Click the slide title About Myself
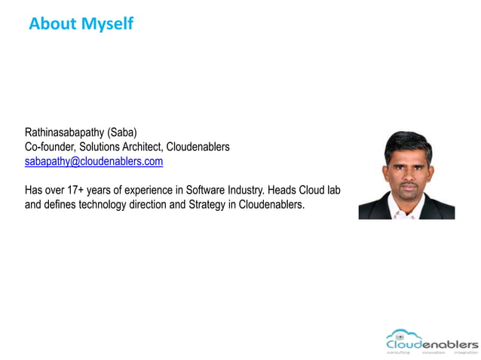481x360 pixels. tap(81, 24)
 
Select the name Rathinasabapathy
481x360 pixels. tap(65, 133)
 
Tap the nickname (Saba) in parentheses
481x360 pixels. tap(122, 133)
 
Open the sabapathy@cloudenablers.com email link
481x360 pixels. tap(93, 161)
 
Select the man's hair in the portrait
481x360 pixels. tap(407, 140)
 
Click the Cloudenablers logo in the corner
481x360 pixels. tap(431, 341)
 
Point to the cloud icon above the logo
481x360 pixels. tap(400, 333)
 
